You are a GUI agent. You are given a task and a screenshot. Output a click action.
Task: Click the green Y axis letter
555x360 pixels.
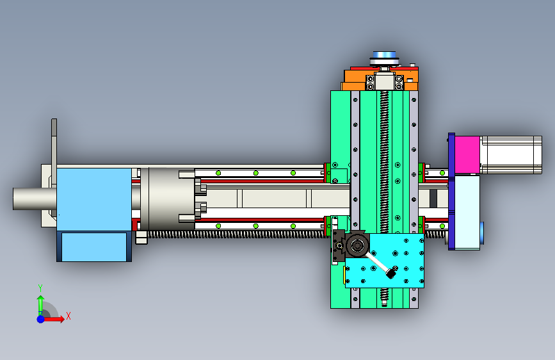click(x=40, y=288)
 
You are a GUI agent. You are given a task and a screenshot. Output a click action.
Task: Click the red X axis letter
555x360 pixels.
click(x=68, y=316)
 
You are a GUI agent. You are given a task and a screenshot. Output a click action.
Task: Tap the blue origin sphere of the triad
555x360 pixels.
click(x=41, y=319)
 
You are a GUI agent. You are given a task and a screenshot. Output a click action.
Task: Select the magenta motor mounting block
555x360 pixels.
click(x=467, y=155)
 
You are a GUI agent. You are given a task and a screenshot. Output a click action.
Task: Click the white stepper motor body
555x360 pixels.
click(x=511, y=155)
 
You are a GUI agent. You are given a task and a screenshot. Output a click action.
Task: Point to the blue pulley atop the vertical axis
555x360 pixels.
click(x=384, y=56)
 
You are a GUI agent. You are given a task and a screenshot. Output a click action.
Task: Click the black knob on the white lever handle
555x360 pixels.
click(x=390, y=273)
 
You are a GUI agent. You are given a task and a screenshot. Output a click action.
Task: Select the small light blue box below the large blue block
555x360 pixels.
click(x=94, y=247)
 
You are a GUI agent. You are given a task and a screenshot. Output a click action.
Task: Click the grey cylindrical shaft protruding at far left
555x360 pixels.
click(x=35, y=199)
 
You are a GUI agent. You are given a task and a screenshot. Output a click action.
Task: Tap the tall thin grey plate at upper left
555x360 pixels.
click(x=54, y=152)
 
